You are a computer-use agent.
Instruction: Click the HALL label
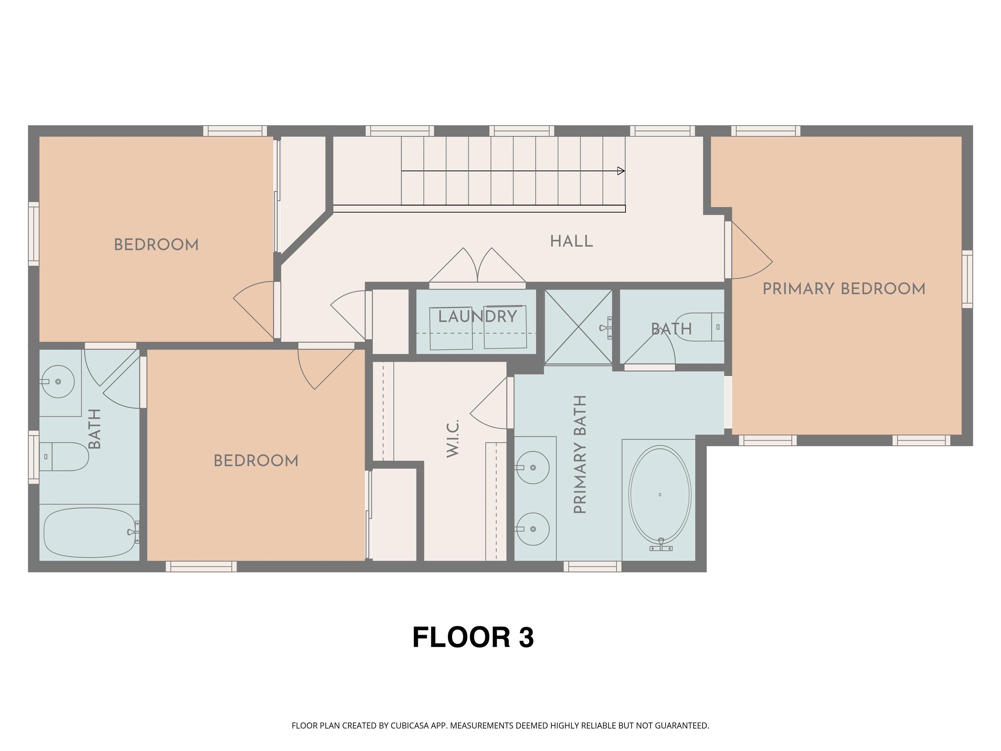click(571, 241)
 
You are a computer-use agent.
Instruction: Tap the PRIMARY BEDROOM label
click(844, 289)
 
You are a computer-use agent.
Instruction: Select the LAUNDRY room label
click(477, 317)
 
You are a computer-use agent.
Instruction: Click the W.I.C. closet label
click(453, 438)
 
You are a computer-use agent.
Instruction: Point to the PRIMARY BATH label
click(580, 454)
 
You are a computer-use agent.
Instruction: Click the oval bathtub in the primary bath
click(660, 494)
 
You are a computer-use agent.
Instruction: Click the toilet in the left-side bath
click(65, 457)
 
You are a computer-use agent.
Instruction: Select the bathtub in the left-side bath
click(90, 532)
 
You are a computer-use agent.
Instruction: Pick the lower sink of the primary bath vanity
click(533, 529)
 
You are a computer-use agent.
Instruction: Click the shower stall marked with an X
click(578, 327)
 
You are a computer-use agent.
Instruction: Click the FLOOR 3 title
click(473, 637)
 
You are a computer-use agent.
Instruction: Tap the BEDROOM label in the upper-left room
click(156, 245)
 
